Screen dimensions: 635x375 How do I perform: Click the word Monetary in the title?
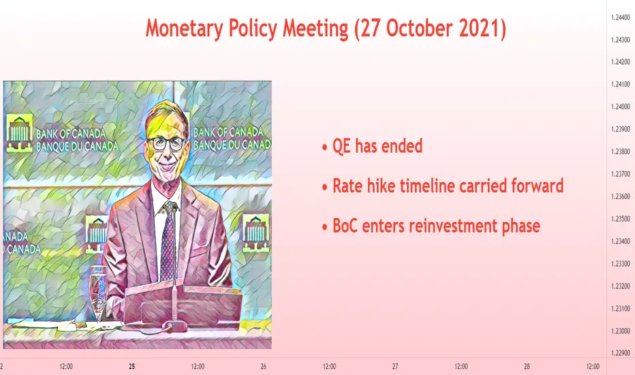[184, 29]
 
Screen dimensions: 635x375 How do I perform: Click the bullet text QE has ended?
[377, 146]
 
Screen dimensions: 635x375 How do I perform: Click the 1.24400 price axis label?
[621, 18]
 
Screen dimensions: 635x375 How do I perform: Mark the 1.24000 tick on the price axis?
[621, 106]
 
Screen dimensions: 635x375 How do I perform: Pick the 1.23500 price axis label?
[621, 219]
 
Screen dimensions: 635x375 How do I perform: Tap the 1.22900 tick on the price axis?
[621, 353]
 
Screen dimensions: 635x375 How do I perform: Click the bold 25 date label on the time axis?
[132, 367]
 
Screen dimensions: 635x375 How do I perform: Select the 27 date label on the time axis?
[395, 367]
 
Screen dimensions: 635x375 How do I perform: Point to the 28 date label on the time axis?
[527, 367]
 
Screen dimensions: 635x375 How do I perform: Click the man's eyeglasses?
[166, 143]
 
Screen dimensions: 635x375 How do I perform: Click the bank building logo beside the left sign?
[20, 134]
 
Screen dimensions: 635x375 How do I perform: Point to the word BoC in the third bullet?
[345, 226]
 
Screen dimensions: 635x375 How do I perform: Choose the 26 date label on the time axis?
[264, 367]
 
